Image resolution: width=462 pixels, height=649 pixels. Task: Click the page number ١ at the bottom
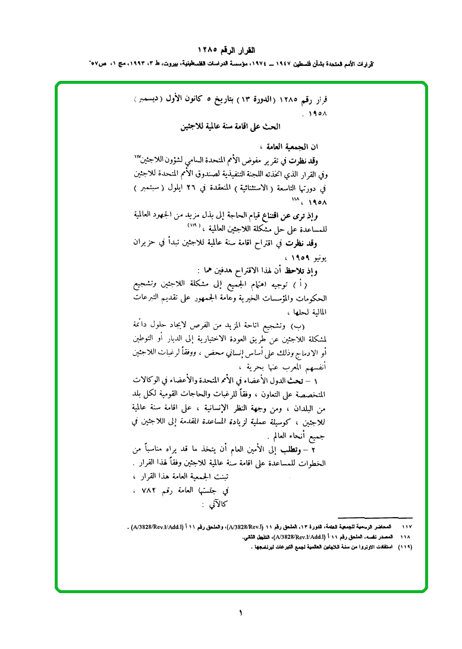coord(240,613)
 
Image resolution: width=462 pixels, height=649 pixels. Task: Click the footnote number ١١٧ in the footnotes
coord(407,527)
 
